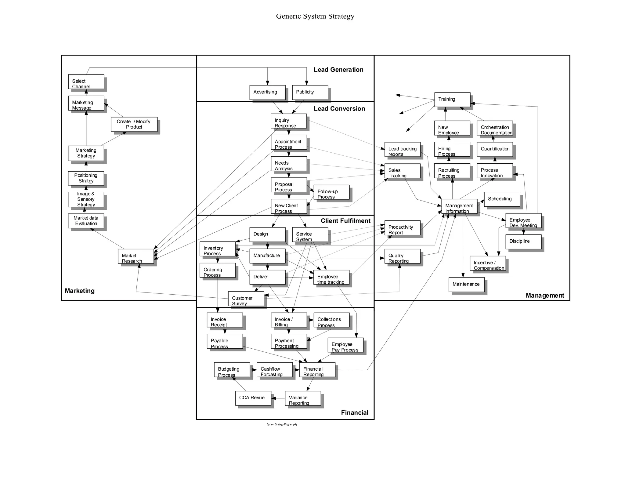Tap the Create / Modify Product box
pos(134,124)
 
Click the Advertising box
pos(267,92)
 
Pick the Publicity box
pos(310,92)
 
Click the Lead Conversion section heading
pos(339,109)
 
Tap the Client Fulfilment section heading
pos(345,221)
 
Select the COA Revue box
pos(253,398)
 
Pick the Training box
pos(452,100)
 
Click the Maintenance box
pos(466,285)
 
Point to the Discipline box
pos(523,241)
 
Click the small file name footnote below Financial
pos(282,424)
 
